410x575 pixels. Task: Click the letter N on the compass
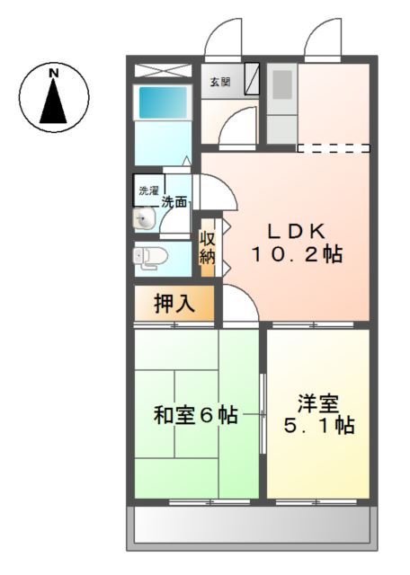[x=54, y=73]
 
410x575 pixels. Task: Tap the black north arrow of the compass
[x=54, y=102]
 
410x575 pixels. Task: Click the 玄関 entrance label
[x=220, y=82]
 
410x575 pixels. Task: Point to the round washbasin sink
[x=144, y=220]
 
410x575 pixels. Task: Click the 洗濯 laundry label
[x=148, y=190]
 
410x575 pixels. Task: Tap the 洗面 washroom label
[x=174, y=201]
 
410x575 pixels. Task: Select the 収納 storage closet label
[x=207, y=248]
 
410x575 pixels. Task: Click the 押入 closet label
[x=174, y=304]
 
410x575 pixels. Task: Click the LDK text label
[x=297, y=231]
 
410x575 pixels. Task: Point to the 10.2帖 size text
[x=297, y=254]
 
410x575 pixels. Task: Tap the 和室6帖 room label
[x=196, y=415]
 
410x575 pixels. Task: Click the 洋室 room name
[x=318, y=403]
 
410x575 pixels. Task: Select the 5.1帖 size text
[x=319, y=425]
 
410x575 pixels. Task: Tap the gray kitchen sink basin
[x=282, y=84]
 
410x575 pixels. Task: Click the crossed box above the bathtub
[x=163, y=70]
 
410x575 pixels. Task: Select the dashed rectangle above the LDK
[x=334, y=148]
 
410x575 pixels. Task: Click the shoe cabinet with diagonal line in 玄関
[x=252, y=79]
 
